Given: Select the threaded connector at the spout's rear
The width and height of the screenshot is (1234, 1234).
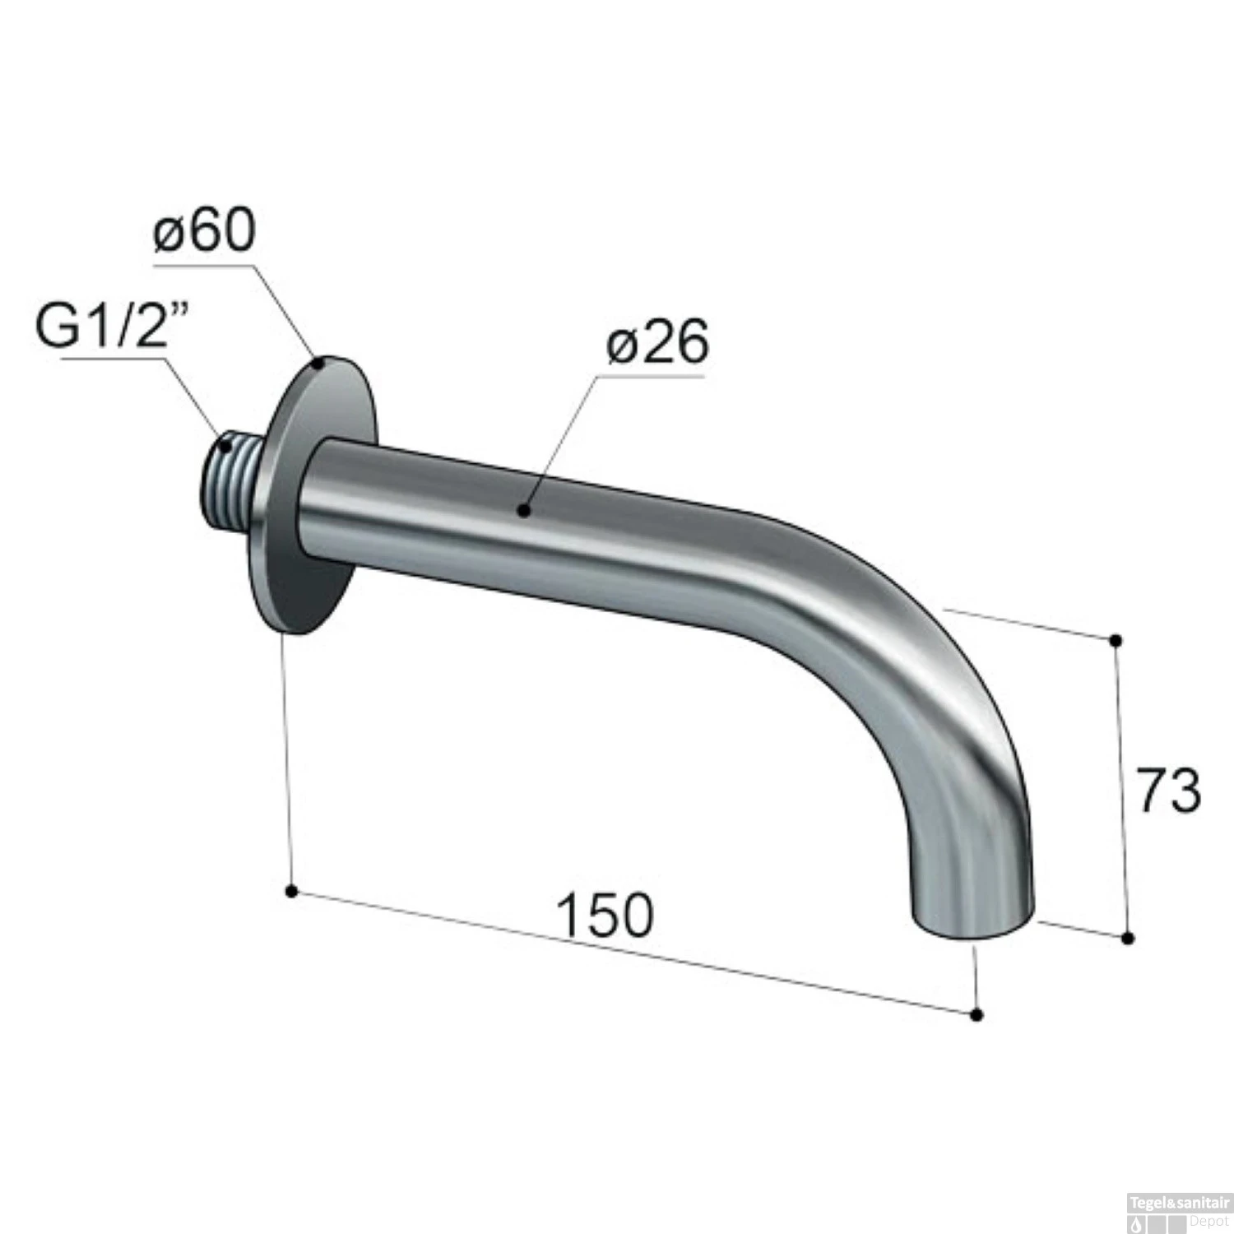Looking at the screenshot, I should point(232,476).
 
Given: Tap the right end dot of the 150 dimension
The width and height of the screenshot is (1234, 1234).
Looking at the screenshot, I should point(977,1015).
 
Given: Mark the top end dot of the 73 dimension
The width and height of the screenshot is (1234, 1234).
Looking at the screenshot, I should point(1116,640).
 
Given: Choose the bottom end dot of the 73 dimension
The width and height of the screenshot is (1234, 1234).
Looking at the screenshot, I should point(1128,938).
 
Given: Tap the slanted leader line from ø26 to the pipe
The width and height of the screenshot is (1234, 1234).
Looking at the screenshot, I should point(564,440).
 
